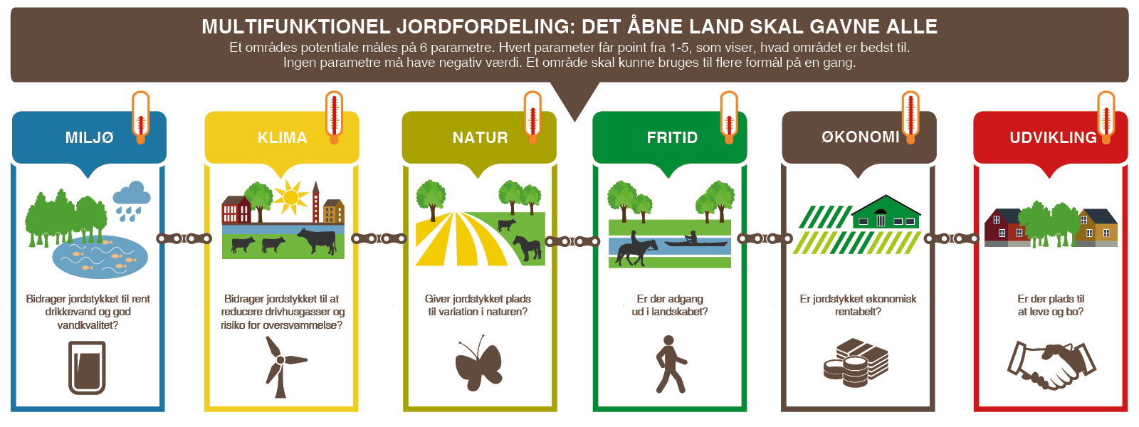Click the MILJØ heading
[x=89, y=137]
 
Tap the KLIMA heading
[x=282, y=137]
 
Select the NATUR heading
[x=480, y=137]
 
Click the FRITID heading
[x=672, y=137]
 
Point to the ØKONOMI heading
[x=861, y=137]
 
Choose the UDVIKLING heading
[x=1053, y=137]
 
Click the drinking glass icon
[x=87, y=367]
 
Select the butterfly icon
[x=478, y=363]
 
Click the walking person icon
[x=671, y=364]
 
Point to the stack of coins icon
[x=856, y=362]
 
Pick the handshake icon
[x=1051, y=364]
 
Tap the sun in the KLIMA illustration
[x=291, y=196]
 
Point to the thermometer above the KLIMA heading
[x=334, y=117]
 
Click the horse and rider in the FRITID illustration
[x=636, y=249]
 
